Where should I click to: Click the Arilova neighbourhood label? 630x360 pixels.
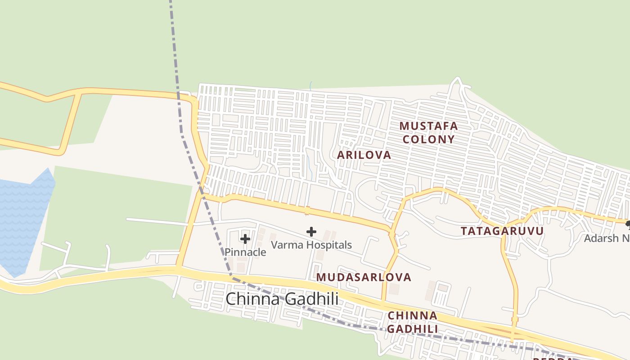pyautogui.click(x=364, y=155)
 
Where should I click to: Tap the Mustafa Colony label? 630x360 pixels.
pyautogui.click(x=428, y=132)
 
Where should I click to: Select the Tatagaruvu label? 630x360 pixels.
pyautogui.click(x=502, y=231)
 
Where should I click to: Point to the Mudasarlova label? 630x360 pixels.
pyautogui.click(x=364, y=277)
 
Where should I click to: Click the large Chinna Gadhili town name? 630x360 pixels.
pyautogui.click(x=282, y=299)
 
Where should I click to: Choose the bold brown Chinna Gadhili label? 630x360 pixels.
pyautogui.click(x=413, y=322)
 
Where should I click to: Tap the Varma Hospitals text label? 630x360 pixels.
pyautogui.click(x=311, y=245)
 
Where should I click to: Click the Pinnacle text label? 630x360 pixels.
pyautogui.click(x=245, y=252)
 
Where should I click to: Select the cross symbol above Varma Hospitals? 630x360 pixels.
pyautogui.click(x=311, y=232)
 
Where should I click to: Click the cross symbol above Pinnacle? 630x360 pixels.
pyautogui.click(x=245, y=238)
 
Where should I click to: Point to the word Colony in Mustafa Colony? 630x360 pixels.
pyautogui.click(x=428, y=139)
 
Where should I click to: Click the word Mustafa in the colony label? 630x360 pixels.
pyautogui.click(x=428, y=126)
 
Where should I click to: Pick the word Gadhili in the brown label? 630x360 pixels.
pyautogui.click(x=413, y=329)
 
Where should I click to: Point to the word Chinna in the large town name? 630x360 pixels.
pyautogui.click(x=253, y=299)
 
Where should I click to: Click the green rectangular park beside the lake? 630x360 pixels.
pyautogui.click(x=117, y=216)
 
